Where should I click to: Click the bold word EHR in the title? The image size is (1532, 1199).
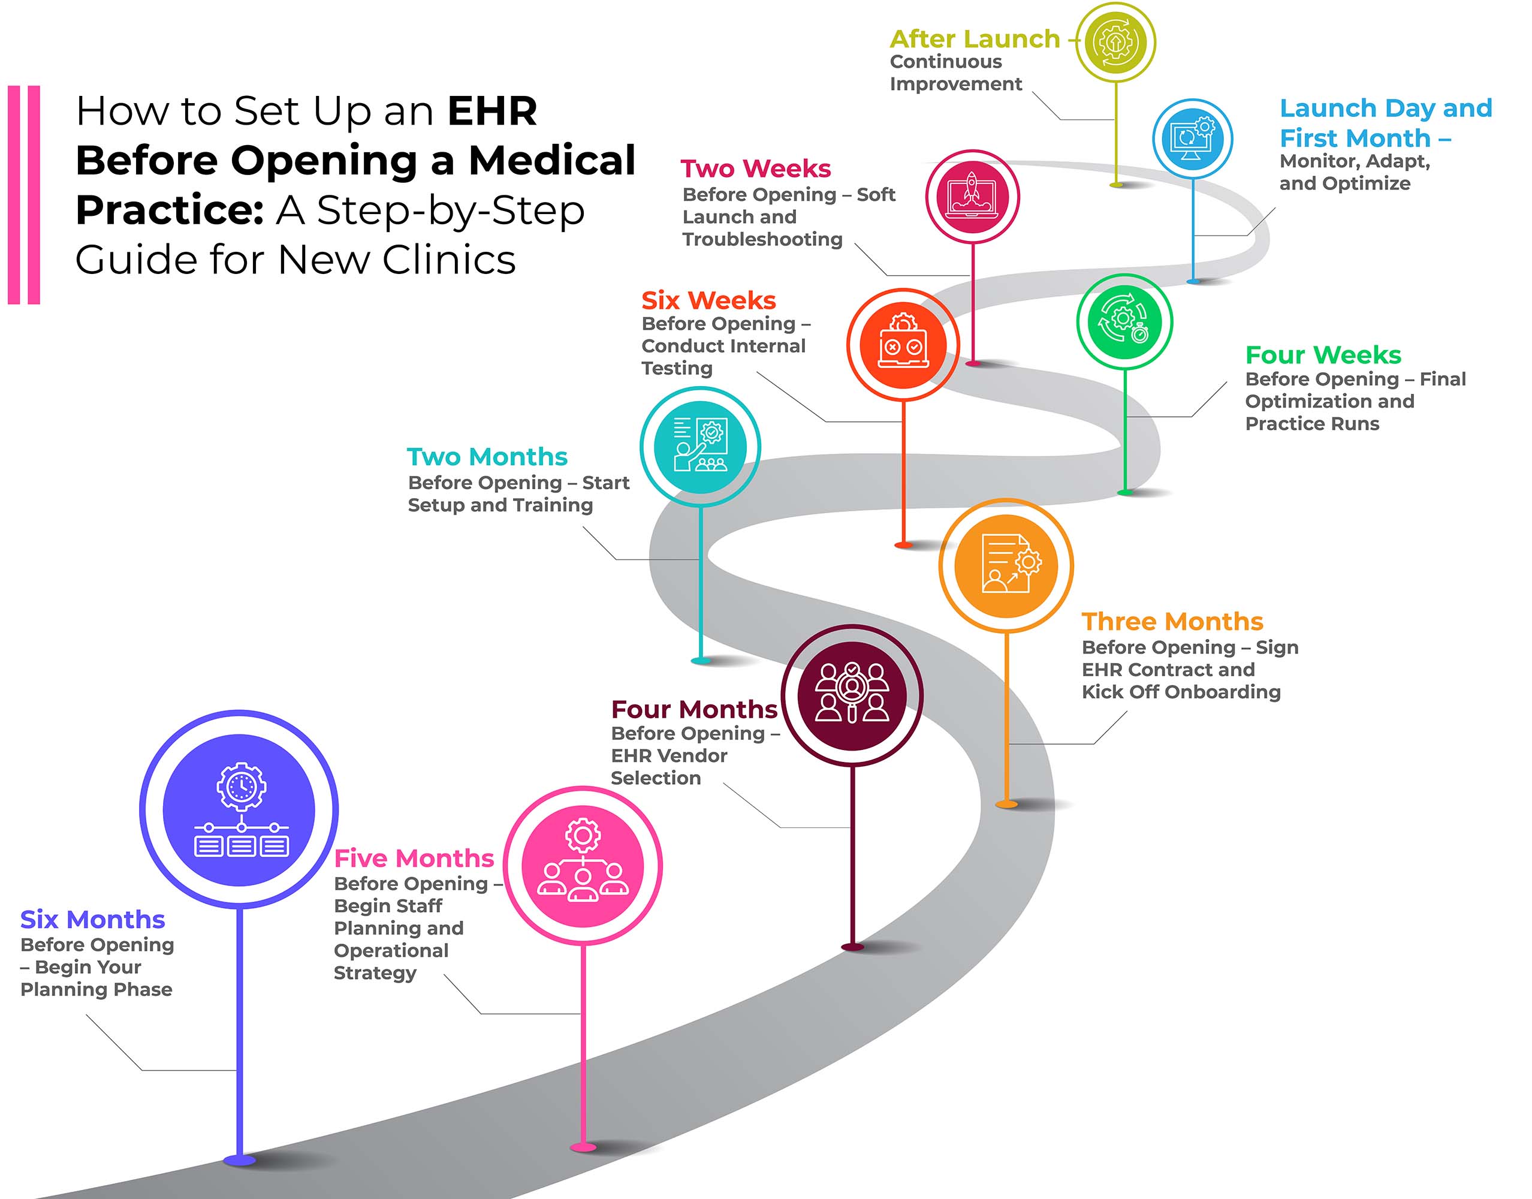pos(492,111)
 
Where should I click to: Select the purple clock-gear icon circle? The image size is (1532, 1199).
pos(239,810)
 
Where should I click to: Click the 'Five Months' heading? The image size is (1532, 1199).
pos(414,858)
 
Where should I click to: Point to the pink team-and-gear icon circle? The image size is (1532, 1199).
pos(583,866)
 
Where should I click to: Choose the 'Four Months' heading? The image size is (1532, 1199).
pos(693,709)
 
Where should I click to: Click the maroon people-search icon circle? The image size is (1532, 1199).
pos(852,694)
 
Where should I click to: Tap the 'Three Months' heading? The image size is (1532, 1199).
pos(1172,621)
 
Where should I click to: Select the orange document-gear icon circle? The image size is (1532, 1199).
pos(1006,565)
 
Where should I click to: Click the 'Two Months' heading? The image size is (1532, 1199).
pos(487,456)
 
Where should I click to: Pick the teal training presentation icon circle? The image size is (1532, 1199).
pos(699,447)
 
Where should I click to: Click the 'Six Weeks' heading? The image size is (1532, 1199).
pos(708,300)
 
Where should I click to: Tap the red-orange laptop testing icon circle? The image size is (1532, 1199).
pos(903,345)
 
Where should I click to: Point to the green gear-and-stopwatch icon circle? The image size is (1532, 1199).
pos(1124,321)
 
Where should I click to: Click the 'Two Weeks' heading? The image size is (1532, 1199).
pos(755,168)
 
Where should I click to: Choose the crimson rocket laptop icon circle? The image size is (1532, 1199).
pos(972,197)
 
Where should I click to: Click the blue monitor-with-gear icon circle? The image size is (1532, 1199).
pos(1192,138)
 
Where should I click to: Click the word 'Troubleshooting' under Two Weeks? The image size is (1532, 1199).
pos(762,239)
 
